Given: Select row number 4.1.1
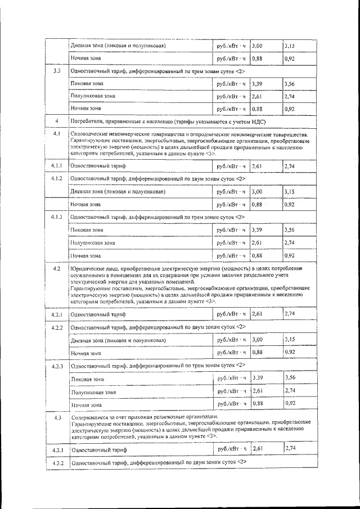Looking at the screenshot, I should (56, 166).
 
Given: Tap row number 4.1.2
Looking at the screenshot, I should (56, 179).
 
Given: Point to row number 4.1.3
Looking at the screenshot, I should (56, 217).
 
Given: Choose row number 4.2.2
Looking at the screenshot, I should (56, 327).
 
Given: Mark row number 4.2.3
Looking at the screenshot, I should (56, 367).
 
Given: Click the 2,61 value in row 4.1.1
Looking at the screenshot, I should (258, 166).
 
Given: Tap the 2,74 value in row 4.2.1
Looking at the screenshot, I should (291, 313).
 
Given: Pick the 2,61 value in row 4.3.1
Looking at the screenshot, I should (259, 448).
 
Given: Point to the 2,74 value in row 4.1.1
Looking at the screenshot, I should (290, 166).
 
